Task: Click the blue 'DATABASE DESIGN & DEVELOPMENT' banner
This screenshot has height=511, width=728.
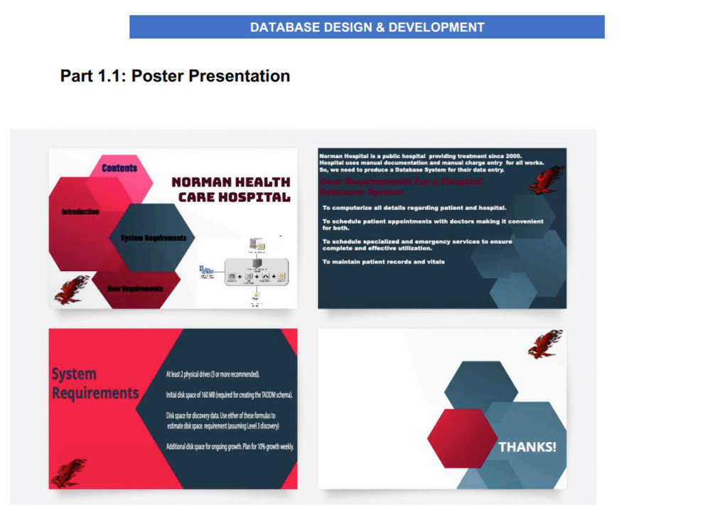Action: pos(367,27)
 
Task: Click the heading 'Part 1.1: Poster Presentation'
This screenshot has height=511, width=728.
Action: pos(175,76)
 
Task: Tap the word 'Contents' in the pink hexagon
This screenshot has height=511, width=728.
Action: pos(119,168)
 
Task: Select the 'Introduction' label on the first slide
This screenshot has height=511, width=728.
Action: pos(80,212)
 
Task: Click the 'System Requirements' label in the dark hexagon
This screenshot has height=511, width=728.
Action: pos(154,238)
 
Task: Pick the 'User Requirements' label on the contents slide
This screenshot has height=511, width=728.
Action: pos(135,288)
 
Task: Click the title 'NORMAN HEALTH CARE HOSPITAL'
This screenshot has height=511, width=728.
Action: pos(230,190)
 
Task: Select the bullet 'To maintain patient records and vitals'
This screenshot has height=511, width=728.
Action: pos(383,262)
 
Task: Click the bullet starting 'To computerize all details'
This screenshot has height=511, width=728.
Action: pos(414,208)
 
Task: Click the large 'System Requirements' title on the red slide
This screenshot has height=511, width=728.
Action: pos(95,384)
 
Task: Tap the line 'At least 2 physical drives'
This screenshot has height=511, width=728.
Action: pos(213,374)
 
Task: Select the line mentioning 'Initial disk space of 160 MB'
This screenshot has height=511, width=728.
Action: pos(229,394)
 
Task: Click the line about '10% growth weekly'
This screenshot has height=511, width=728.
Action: pos(230,446)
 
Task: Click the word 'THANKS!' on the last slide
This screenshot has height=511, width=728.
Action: pos(527,447)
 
